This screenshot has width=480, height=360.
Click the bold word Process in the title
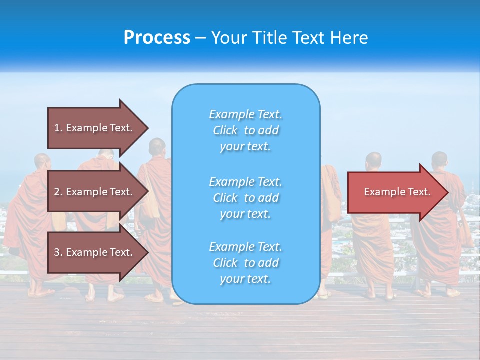(157, 38)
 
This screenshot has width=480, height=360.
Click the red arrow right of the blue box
(395, 192)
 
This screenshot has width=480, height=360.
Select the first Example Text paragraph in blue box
(245, 130)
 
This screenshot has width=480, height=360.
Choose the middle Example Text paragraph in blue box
(245, 198)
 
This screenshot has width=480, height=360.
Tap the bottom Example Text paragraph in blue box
(245, 263)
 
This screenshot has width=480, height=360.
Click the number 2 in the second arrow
(57, 192)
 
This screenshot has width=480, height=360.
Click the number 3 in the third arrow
(57, 252)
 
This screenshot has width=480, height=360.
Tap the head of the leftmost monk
(42, 162)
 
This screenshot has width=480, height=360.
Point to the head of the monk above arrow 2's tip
(157, 147)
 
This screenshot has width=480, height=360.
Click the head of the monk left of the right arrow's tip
(373, 161)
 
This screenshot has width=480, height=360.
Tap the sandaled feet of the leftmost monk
(40, 291)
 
